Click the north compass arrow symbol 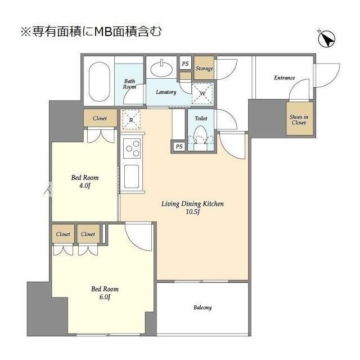coord(326,39)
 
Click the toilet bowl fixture coord(201,136)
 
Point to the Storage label coord(204,69)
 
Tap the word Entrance coord(284,78)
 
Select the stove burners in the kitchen coord(133,149)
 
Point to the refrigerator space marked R coord(131,119)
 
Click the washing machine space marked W coord(202,93)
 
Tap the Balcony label coord(202,308)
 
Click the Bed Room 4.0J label coord(84,182)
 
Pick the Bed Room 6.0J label coord(105,293)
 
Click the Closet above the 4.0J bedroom coord(100,119)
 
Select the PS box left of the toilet coord(179,147)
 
